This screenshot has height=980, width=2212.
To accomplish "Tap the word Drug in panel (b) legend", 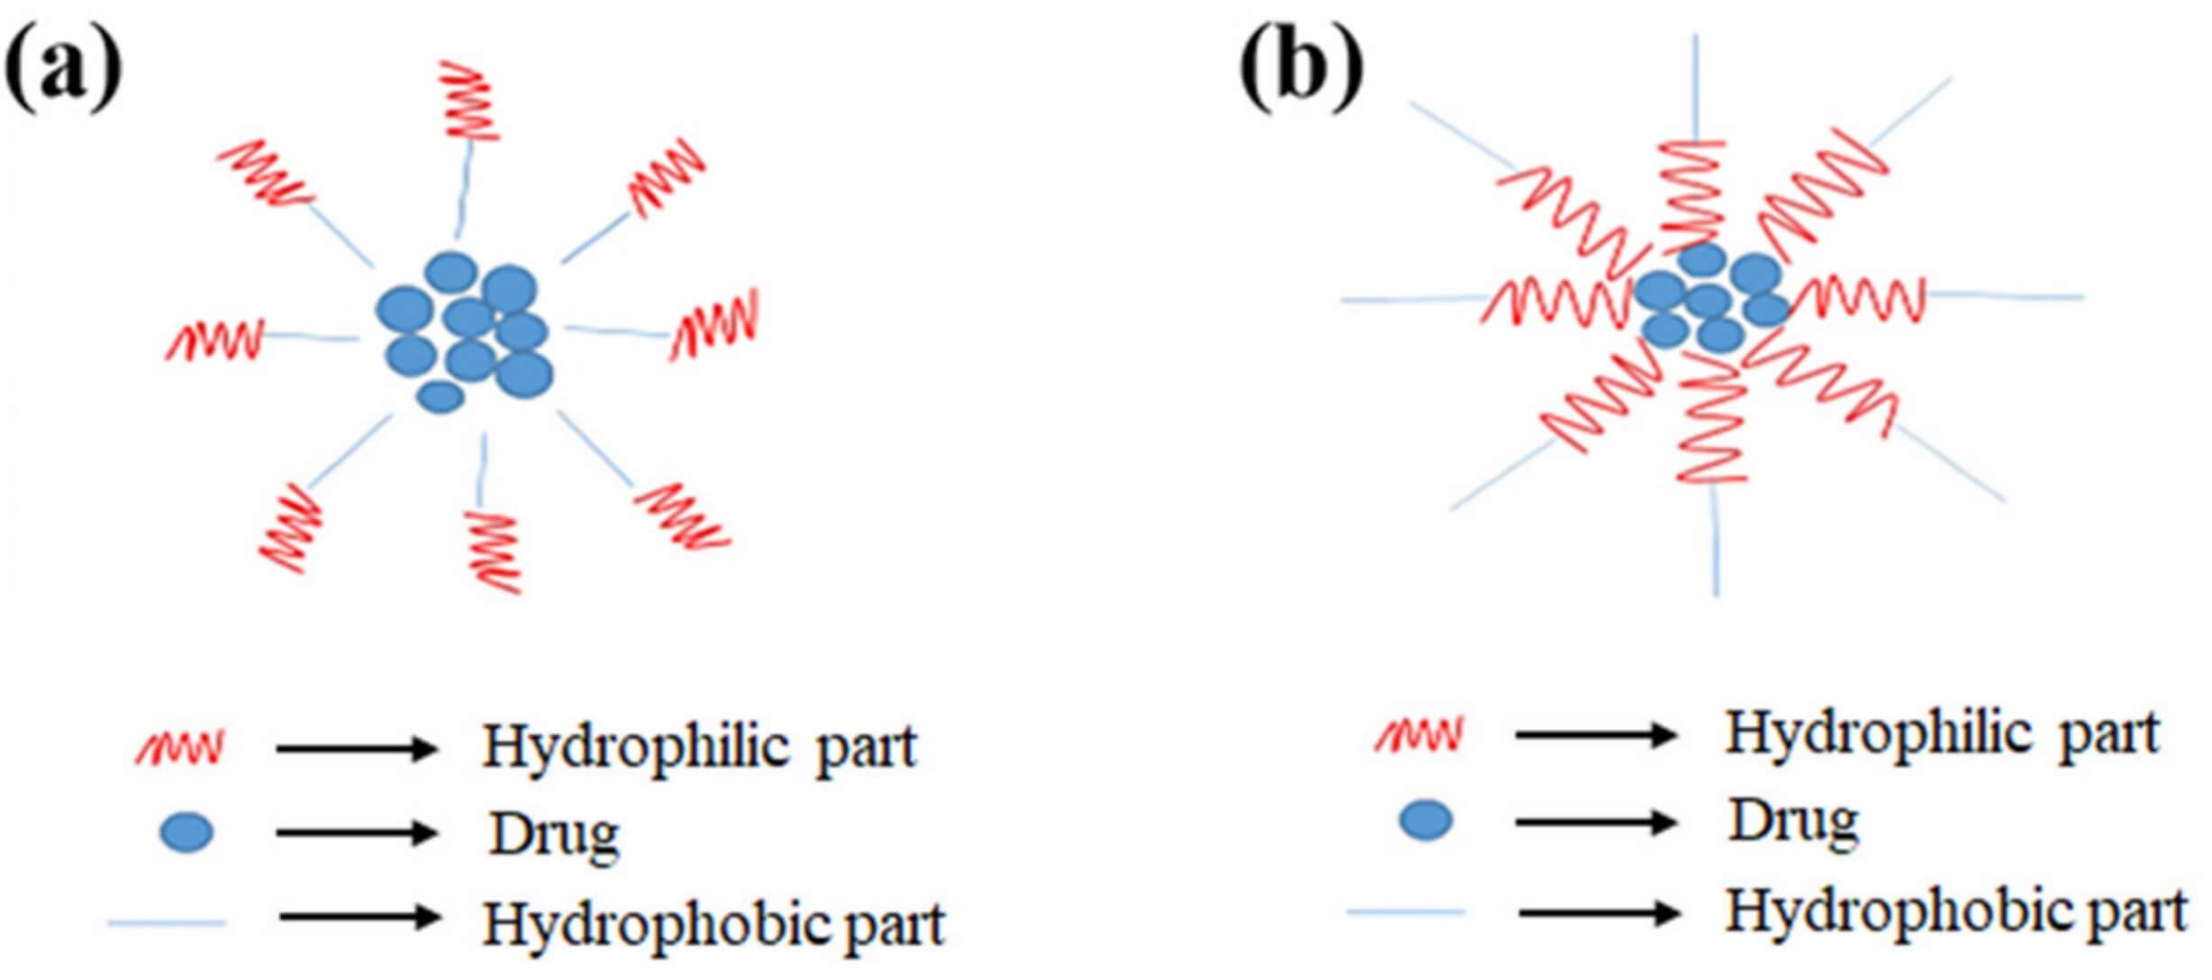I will tap(1792, 822).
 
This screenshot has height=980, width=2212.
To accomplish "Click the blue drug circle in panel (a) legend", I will tap(186, 832).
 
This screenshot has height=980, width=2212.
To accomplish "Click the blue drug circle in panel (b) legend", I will tap(1426, 821).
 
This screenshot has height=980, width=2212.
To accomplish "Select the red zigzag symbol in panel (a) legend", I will tap(180, 748).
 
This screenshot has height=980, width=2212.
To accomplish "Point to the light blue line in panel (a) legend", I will tap(167, 922).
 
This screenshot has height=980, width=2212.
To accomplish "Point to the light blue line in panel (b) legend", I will tap(1406, 912).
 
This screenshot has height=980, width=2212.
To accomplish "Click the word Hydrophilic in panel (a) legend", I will tap(636, 748).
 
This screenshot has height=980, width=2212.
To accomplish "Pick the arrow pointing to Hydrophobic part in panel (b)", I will tap(1599, 913).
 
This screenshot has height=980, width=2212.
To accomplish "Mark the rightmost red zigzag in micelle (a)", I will tap(715, 324).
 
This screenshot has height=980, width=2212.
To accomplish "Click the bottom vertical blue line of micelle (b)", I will tap(1715, 540).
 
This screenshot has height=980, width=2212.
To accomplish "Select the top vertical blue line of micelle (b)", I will tap(1696, 86).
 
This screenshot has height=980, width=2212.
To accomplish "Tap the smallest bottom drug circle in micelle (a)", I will tap(441, 396).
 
